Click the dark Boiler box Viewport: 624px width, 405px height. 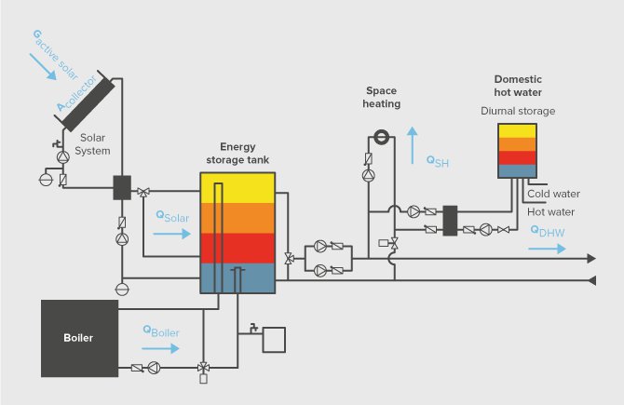point(78,337)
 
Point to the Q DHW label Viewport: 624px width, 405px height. point(548,232)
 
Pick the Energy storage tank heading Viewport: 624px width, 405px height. point(245,153)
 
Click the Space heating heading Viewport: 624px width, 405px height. point(382,98)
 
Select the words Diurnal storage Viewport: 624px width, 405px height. point(518,111)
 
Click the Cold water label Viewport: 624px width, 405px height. point(553,194)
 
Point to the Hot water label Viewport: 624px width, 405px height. point(550,211)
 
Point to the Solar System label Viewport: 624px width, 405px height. point(93,143)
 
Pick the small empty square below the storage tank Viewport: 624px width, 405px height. point(275,339)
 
